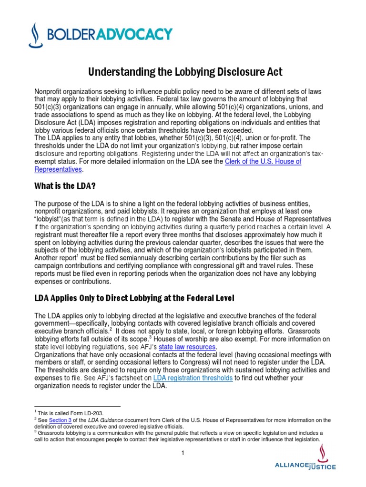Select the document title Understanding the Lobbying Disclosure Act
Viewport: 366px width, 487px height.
point(185,72)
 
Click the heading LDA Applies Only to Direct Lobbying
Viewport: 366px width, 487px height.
point(134,298)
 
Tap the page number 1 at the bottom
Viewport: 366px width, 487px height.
point(183,453)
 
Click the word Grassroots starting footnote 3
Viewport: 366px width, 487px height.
point(52,433)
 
